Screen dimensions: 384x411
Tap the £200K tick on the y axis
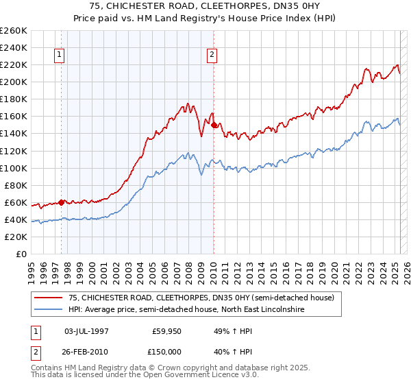pos(14,82)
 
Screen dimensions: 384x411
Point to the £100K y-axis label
pos(14,168)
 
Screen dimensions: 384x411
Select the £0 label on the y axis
pos(21,254)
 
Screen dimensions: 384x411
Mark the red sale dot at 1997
pos(62,202)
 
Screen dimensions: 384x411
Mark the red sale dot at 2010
pos(214,125)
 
